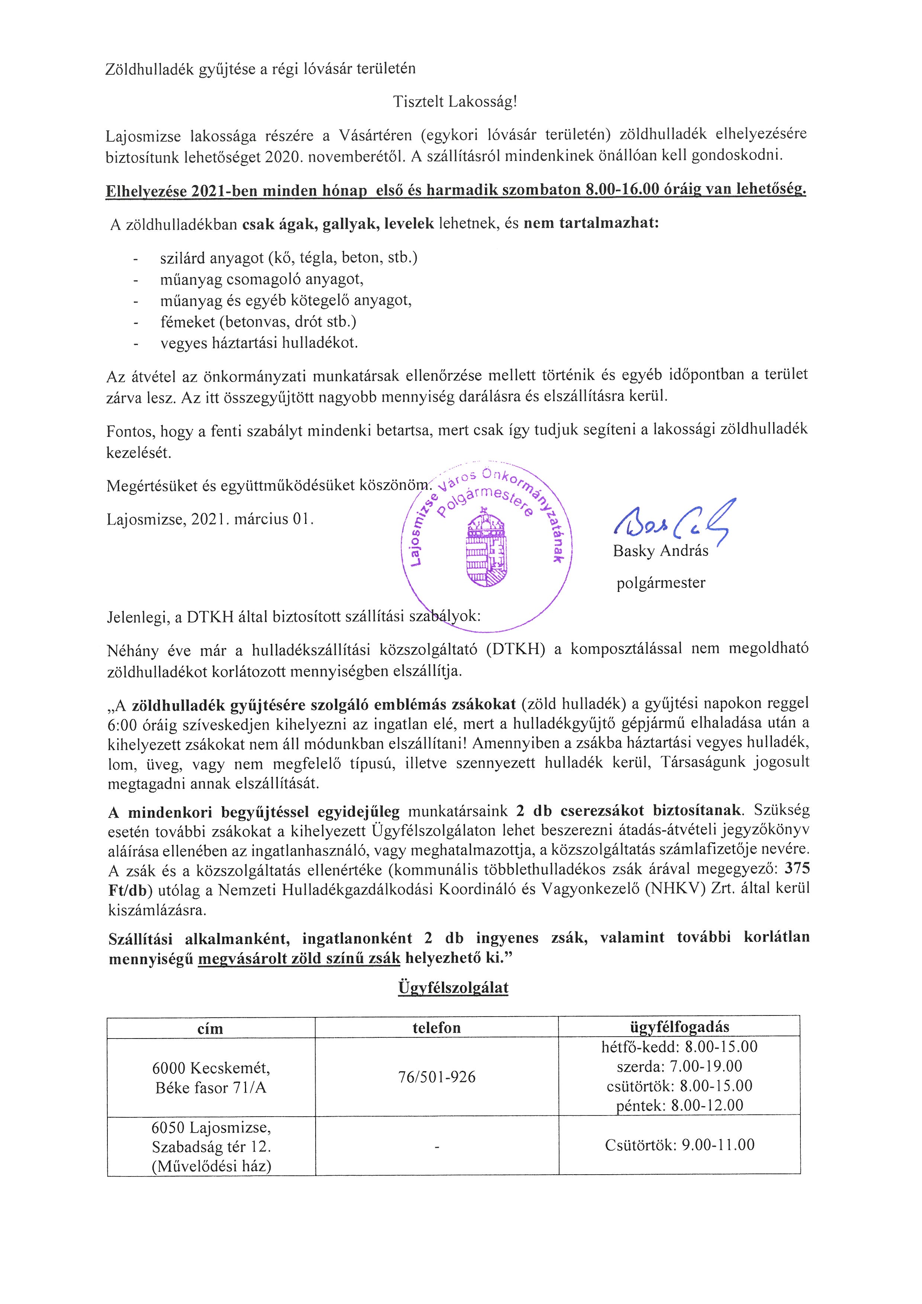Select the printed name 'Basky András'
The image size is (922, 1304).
coord(660,551)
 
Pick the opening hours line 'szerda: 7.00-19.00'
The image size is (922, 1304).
coord(679,1067)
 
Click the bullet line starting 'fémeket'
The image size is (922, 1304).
coord(258,322)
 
